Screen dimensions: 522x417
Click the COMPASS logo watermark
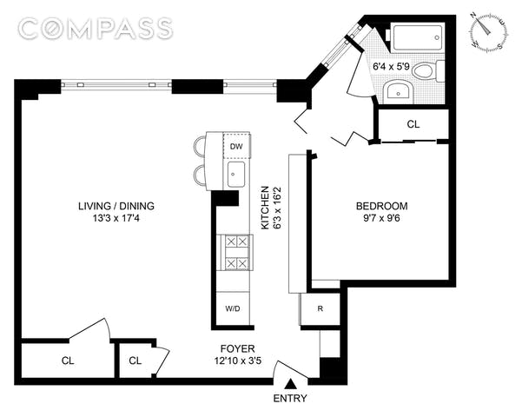coord(96,29)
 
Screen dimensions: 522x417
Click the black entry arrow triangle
coord(292,383)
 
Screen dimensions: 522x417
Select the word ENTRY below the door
coord(290,399)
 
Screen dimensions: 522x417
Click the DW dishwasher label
coord(236,146)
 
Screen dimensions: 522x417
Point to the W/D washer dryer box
coord(233,308)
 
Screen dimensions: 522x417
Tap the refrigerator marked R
coord(320,308)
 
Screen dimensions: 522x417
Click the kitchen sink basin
coord(236,175)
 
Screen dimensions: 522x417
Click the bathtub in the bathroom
coord(418,37)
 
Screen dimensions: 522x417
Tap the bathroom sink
coord(399,92)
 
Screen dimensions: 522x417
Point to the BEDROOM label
coord(382,206)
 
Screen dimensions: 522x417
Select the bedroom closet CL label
coord(413,124)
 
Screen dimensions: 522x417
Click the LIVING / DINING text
coord(116,206)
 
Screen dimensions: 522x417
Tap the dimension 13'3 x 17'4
coord(116,219)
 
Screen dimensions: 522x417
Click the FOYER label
coord(238,348)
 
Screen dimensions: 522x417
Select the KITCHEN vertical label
coord(265,208)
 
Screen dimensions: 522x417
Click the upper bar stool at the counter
coord(201,147)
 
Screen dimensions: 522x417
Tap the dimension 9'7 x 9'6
coord(382,219)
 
